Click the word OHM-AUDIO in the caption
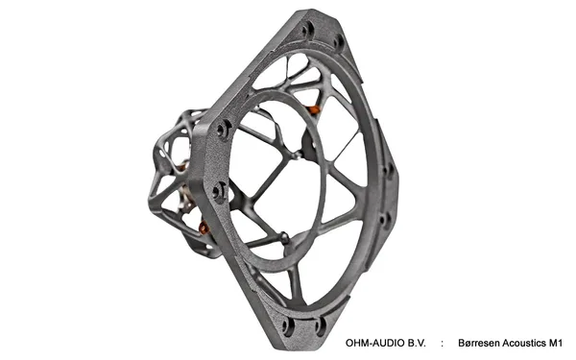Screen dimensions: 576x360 click(x=374, y=343)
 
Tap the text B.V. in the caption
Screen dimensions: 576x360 click(x=417, y=343)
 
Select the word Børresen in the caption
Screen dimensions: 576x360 click(x=479, y=343)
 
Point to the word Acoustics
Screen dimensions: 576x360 click(x=524, y=343)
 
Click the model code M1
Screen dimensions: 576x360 click(x=556, y=343)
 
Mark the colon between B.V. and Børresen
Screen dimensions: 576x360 click(x=442, y=344)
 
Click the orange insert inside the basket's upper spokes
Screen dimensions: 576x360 click(x=313, y=109)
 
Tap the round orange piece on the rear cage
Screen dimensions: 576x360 click(x=204, y=228)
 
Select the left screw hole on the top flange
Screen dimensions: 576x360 click(x=308, y=29)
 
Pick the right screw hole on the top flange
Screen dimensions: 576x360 click(x=338, y=41)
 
